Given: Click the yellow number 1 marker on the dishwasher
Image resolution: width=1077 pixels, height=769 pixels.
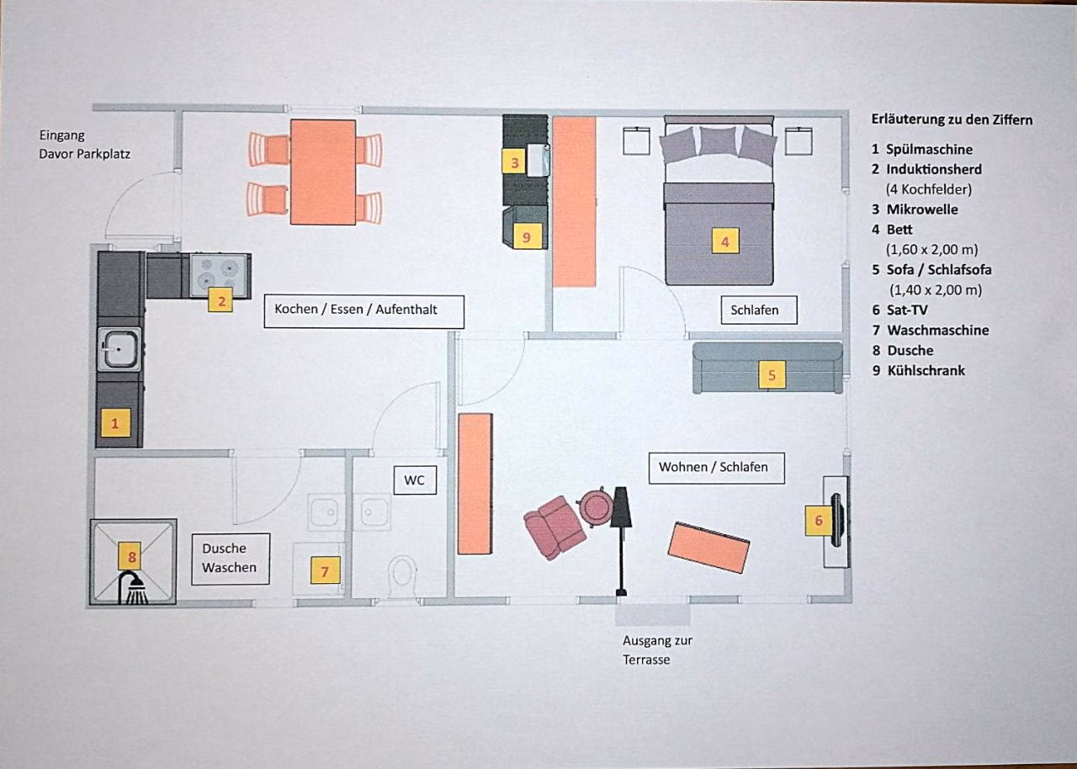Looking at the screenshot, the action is (115, 423).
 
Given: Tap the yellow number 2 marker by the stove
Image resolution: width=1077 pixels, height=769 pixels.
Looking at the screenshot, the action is (220, 300).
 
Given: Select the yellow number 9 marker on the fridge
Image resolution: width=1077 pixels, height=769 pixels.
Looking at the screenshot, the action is (528, 236).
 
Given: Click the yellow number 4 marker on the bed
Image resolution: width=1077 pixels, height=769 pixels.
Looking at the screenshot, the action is (725, 241).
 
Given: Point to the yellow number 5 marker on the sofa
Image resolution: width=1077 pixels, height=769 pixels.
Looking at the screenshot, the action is (772, 375).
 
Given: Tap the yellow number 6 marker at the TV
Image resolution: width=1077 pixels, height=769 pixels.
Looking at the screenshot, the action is (819, 521).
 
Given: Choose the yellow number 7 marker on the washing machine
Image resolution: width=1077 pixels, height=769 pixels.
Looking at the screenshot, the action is (326, 570).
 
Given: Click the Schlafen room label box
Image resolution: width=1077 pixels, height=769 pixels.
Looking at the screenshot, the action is (759, 310).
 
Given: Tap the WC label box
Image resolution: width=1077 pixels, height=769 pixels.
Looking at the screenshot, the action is (415, 480).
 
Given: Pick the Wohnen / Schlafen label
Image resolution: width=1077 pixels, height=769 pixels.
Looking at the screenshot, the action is (716, 468).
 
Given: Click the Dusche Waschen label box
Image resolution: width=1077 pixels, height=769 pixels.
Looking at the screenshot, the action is (231, 559).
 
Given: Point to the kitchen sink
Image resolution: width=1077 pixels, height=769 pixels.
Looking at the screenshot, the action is (119, 349).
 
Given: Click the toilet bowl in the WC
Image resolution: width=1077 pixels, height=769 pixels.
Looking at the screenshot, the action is (403, 575).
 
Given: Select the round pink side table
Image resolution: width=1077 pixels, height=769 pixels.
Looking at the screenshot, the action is (597, 507).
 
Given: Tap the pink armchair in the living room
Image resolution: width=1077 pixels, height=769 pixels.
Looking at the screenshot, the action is (555, 528).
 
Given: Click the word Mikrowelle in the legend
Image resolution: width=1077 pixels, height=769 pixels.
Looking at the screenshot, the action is (922, 209).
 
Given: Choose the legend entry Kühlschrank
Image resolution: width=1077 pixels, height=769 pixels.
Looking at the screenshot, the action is (926, 370).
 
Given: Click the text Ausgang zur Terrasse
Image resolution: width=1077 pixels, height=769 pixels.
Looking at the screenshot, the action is (657, 650).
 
